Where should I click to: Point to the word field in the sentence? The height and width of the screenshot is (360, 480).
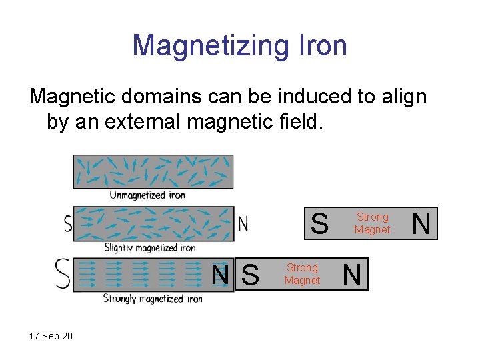coord(293,122)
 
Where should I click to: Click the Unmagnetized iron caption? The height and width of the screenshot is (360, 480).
coord(147,195)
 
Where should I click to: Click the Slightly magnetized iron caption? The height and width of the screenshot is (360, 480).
coord(150,247)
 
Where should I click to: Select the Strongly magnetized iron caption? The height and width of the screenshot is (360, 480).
coord(153,299)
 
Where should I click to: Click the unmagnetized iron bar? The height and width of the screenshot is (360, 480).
coord(153,171)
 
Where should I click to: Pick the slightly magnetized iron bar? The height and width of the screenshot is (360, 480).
coord(153,223)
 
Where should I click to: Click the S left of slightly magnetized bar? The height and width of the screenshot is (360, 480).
coord(67,223)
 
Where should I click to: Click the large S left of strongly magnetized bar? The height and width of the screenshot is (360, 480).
coord(63,273)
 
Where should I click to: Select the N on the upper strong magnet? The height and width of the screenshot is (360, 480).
coord(421,223)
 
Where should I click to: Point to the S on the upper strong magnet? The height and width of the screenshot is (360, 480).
coord(320,223)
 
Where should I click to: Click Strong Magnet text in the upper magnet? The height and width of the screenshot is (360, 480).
coord(372,223)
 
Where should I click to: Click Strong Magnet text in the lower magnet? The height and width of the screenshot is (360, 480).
coord(302,274)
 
